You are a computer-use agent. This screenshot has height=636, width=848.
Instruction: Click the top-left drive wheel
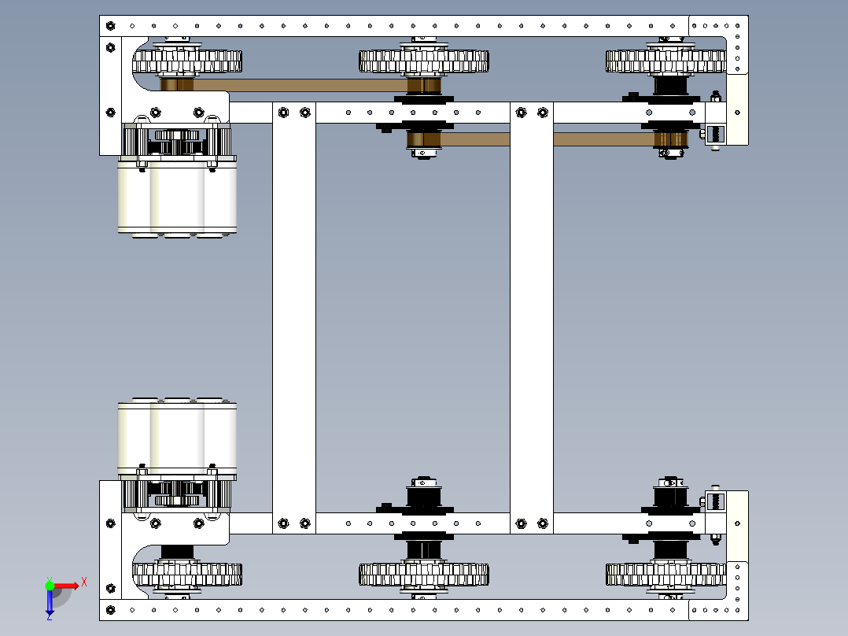click(187, 61)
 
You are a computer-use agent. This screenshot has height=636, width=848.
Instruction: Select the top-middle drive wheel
click(424, 61)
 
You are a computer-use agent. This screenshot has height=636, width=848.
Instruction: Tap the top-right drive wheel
click(665, 61)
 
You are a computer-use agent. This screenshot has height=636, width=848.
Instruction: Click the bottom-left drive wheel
click(187, 575)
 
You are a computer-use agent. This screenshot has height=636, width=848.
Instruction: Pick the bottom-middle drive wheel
click(424, 575)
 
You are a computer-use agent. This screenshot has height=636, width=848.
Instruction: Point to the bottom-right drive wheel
click(665, 575)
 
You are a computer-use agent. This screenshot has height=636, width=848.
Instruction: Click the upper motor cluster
click(178, 198)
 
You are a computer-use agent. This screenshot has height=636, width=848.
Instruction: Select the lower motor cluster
click(178, 438)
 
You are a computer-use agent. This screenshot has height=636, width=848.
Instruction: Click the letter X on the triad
click(84, 582)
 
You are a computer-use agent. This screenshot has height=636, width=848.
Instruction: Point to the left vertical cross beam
click(294, 318)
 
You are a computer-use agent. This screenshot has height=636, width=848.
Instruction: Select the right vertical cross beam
click(532, 318)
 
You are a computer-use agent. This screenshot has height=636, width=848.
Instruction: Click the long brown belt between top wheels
click(300, 85)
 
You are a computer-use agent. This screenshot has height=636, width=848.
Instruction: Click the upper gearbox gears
click(178, 141)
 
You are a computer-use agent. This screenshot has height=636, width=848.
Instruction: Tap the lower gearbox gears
click(178, 494)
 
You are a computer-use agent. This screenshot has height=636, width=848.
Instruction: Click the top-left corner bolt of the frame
click(110, 26)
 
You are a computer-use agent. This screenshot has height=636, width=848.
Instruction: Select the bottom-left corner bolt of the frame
click(110, 610)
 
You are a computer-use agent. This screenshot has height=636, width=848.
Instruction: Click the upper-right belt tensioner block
click(715, 134)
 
